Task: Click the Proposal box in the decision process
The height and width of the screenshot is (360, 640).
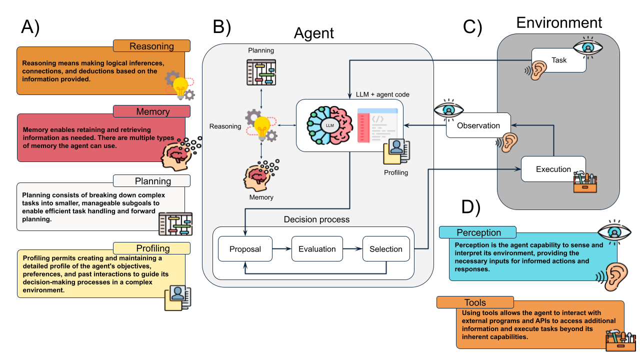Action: click(245, 249)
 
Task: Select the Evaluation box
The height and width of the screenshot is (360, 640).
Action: click(316, 249)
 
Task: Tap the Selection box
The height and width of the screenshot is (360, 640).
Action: click(386, 249)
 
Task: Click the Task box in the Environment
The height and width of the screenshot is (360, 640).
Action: click(559, 60)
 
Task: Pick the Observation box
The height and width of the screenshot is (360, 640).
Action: click(478, 125)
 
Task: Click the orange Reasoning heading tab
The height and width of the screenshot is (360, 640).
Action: click(151, 46)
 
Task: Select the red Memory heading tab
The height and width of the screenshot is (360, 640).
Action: click(152, 111)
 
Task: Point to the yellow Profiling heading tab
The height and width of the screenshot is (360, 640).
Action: click(152, 248)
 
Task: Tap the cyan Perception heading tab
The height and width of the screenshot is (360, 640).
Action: click(478, 232)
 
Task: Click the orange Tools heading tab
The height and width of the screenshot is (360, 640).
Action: click(474, 302)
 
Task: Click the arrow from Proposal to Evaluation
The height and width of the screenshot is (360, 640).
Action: click(282, 249)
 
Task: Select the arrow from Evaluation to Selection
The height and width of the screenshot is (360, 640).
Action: click(351, 249)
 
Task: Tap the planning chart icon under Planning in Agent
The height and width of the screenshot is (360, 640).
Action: click(261, 72)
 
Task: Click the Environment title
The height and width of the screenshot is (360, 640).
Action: click(559, 22)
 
